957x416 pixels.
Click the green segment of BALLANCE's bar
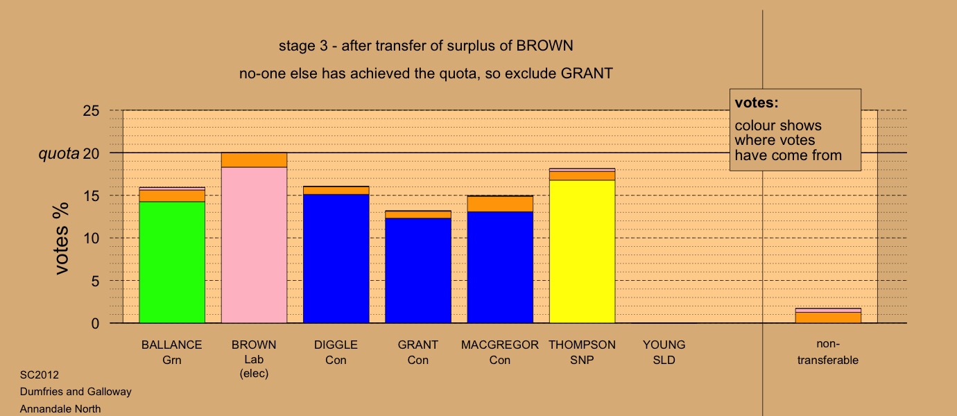172,262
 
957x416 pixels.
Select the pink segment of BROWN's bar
255,245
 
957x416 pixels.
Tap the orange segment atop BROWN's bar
255,160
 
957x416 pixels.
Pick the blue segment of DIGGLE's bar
336,259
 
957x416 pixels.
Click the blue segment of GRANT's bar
418,271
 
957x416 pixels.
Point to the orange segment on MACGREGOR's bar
500,204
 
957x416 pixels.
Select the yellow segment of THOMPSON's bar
583,252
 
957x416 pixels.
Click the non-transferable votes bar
828,315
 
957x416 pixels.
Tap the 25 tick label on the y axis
91,111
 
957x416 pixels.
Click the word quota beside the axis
59,153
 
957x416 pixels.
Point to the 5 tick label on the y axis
95,281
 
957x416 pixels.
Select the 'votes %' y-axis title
61,239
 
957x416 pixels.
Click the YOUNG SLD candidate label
664,352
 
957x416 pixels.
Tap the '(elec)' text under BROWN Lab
255,373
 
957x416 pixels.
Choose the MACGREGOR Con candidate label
500,352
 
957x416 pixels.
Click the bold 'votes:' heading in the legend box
757,103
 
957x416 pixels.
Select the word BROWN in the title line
544,46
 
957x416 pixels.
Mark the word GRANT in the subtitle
587,73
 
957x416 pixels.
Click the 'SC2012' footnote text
40,375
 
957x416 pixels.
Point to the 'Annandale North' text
60,409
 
